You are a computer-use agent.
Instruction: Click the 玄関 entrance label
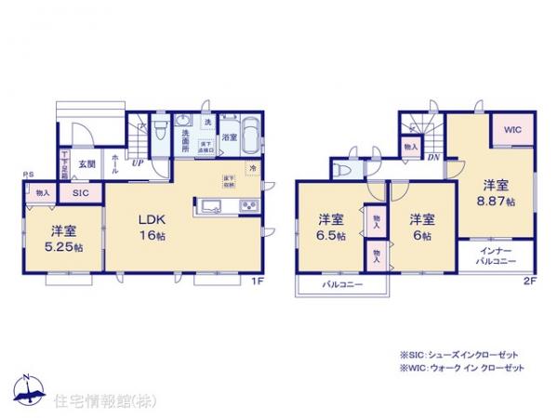(x=86, y=163)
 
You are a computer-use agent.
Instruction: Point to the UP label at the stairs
(x=137, y=163)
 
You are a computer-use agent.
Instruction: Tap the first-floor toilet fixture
(x=159, y=126)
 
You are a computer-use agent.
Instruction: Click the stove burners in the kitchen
(x=249, y=205)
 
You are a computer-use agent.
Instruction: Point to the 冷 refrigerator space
(x=253, y=167)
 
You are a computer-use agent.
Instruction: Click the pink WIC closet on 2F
(x=513, y=132)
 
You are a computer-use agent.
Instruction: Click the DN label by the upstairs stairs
(x=433, y=157)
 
